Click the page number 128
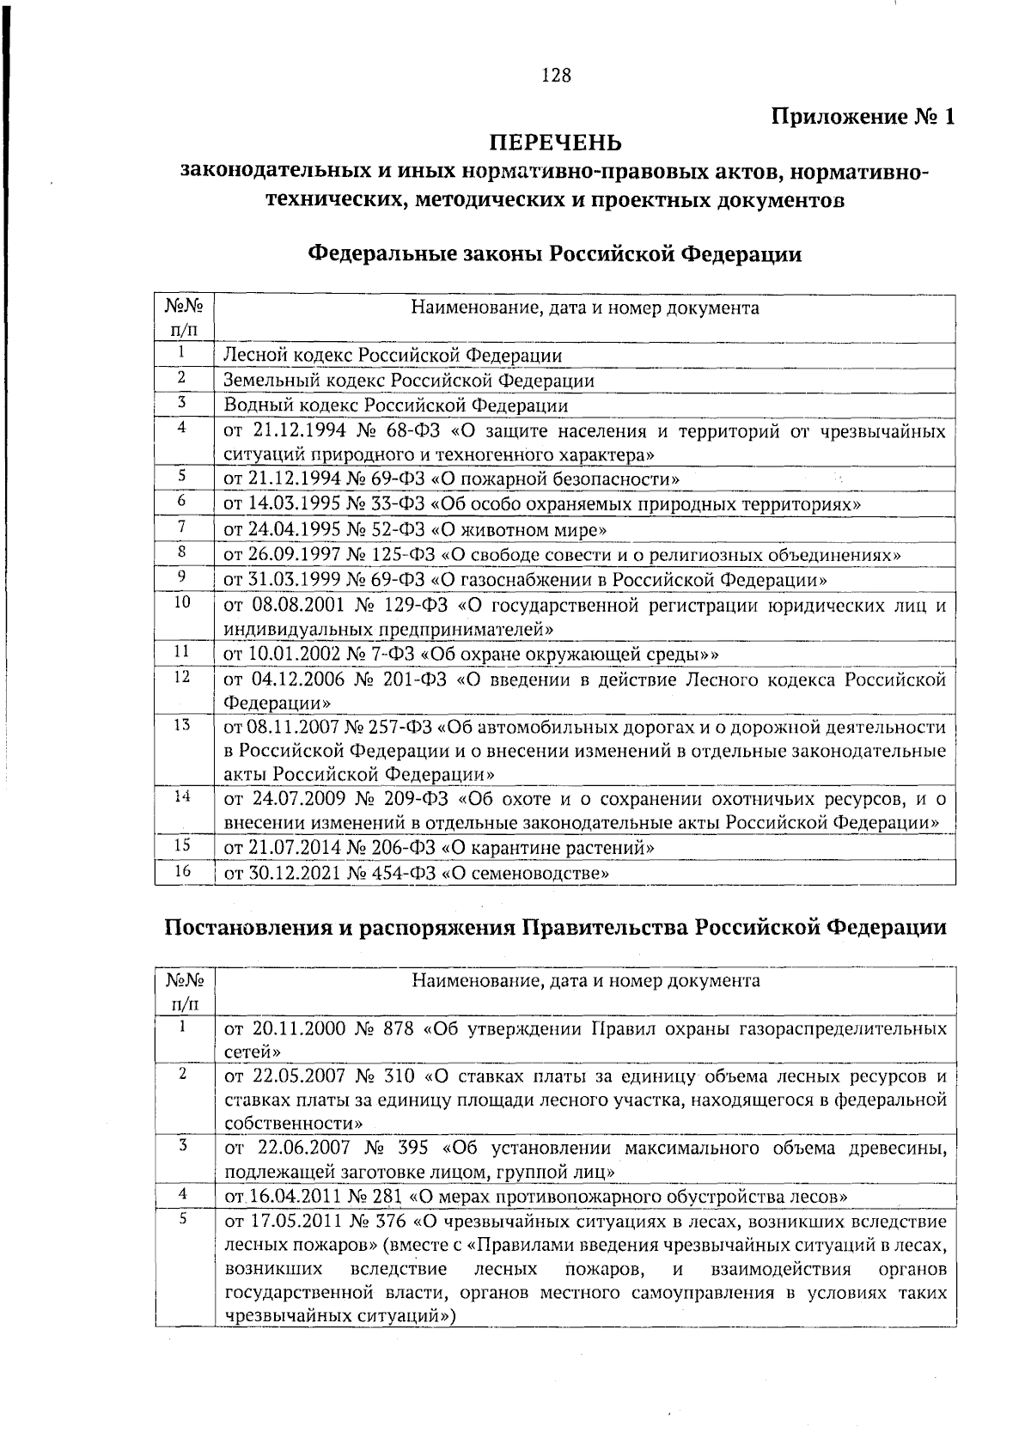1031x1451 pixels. [555, 76]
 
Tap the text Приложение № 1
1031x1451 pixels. [863, 117]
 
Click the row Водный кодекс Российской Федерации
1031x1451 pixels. [395, 405]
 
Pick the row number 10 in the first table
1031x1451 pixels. [182, 603]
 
